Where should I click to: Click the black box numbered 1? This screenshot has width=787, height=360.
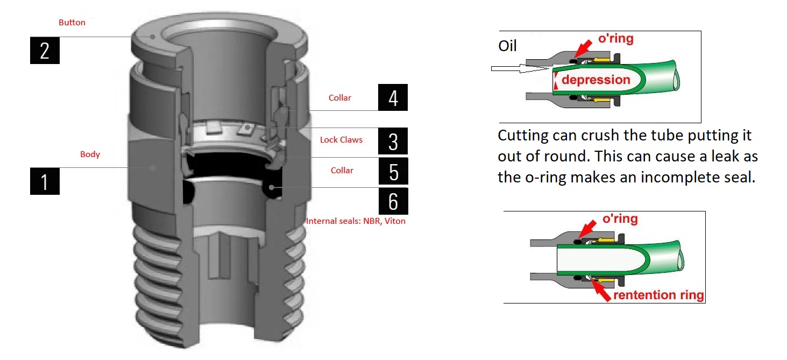point(44,181)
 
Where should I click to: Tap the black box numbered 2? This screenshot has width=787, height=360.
point(44,51)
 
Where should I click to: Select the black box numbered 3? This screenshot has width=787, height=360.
point(393,141)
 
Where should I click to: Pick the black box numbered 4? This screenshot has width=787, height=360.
point(393,98)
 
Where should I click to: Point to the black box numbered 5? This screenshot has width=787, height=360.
point(393,171)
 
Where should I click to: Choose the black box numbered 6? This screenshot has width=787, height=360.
point(393,201)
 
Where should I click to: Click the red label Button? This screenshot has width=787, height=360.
point(72,23)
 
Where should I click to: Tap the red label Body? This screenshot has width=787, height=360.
point(90,154)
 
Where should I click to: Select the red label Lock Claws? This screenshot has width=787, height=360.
point(341,140)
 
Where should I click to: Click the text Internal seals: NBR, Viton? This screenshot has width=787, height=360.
point(356,221)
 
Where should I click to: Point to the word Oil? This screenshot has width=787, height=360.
point(507,46)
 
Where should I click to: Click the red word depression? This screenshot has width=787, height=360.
point(595,80)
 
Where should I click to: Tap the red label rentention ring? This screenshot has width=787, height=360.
point(658,295)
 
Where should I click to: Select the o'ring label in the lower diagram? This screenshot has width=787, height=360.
point(620,219)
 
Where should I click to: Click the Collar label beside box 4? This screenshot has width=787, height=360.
point(339,98)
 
